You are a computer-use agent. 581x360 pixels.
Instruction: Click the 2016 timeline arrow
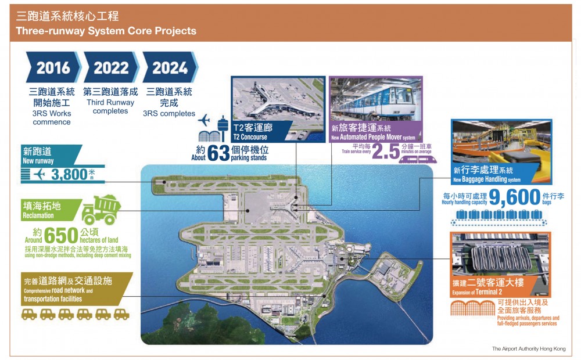click(53, 67)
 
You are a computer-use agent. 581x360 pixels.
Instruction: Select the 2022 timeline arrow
click(111, 67)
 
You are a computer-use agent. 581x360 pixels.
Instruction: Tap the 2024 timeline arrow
click(170, 67)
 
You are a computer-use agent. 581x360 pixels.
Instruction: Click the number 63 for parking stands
click(218, 153)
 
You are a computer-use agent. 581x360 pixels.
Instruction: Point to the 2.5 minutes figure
click(386, 151)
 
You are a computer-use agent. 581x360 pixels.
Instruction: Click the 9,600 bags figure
click(515, 197)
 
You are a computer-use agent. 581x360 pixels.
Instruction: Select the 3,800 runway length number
click(69, 174)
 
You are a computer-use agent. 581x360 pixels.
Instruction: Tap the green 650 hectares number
click(61, 235)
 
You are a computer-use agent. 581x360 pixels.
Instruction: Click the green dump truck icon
click(101, 210)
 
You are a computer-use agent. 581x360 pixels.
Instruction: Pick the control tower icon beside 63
click(223, 128)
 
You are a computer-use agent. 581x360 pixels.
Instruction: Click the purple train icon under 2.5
click(418, 159)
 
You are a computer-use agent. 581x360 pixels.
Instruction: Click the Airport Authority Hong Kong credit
click(529, 348)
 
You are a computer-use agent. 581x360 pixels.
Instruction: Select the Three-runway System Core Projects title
click(106, 31)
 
